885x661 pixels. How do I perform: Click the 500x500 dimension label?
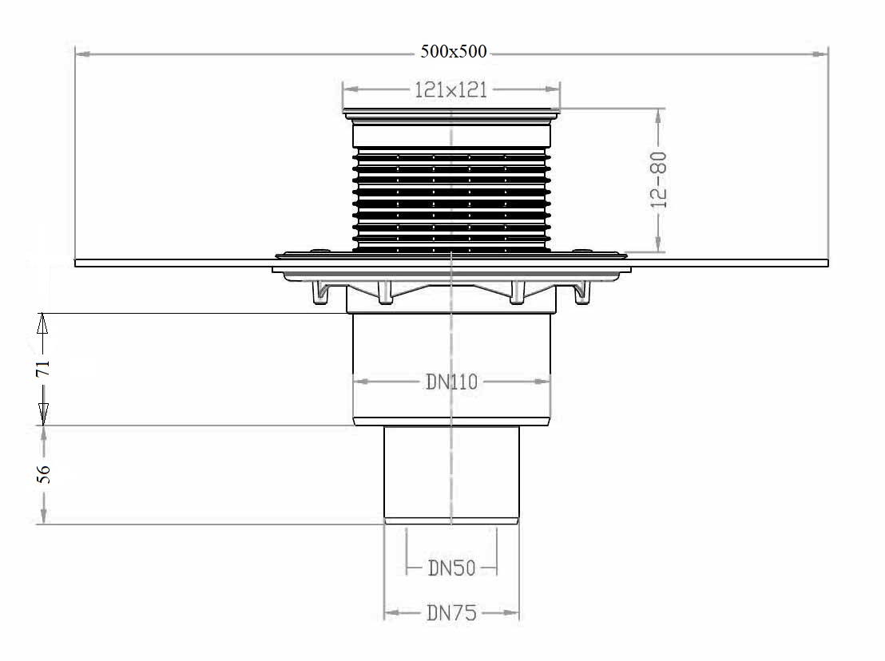(x=453, y=51)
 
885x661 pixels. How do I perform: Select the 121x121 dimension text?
(x=451, y=90)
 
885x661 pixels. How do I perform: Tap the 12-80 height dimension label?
(x=659, y=180)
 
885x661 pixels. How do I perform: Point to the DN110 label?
(x=451, y=382)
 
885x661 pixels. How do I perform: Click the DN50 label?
(x=451, y=568)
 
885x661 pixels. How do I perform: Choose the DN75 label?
(x=451, y=612)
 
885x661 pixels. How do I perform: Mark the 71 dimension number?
(x=43, y=369)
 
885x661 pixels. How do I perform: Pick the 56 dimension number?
(x=43, y=473)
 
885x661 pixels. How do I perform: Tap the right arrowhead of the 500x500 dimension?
(x=820, y=54)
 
